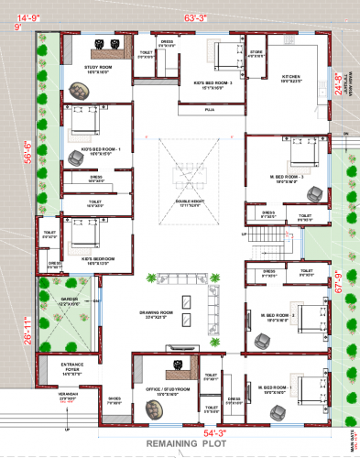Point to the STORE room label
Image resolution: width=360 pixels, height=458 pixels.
point(256,54)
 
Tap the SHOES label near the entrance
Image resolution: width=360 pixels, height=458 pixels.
point(114,398)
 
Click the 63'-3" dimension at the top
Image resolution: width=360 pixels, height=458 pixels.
point(196,17)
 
